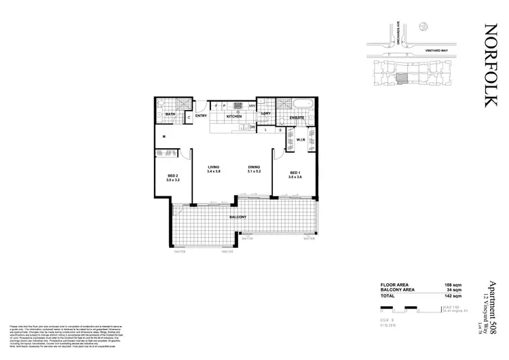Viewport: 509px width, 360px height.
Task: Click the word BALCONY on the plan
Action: (x=238, y=217)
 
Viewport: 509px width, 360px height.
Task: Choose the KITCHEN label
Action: (x=235, y=117)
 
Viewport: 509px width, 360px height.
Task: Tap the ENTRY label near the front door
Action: (x=201, y=116)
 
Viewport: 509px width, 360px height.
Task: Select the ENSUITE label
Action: (x=297, y=118)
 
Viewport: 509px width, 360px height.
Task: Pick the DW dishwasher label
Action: (x=252, y=127)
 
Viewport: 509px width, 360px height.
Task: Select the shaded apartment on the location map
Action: (x=402, y=79)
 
